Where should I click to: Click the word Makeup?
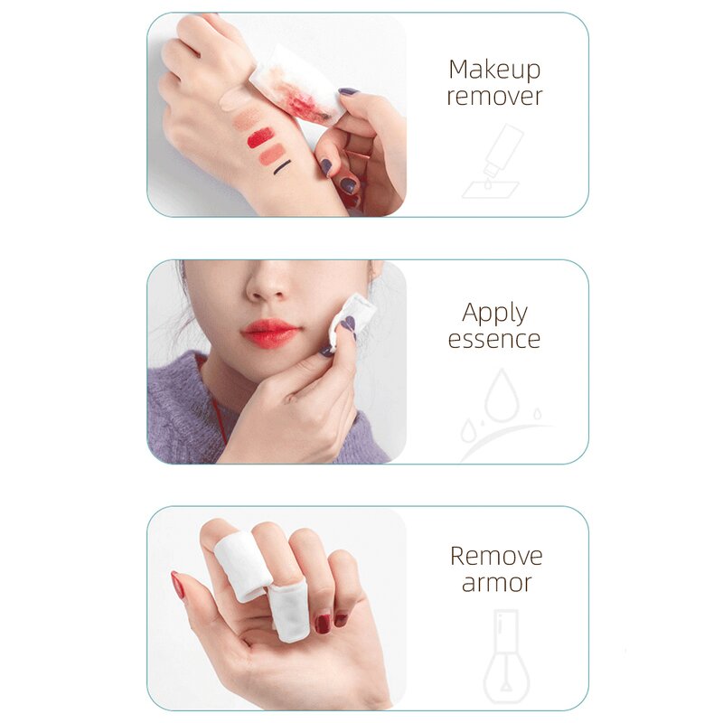tap(494, 70)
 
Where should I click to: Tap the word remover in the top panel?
tap(494, 97)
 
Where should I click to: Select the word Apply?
tap(494, 314)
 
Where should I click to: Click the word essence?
tap(494, 340)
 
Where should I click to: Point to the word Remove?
tap(496, 556)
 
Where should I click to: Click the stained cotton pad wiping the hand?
tap(296, 84)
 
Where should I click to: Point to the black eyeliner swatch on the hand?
tap(282, 166)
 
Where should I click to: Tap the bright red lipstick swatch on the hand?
tap(260, 137)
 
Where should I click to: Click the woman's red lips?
tap(270, 333)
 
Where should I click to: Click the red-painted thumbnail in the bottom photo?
tap(178, 585)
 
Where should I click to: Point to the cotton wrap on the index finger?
tap(241, 566)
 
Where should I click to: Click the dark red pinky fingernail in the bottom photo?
tap(341, 619)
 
